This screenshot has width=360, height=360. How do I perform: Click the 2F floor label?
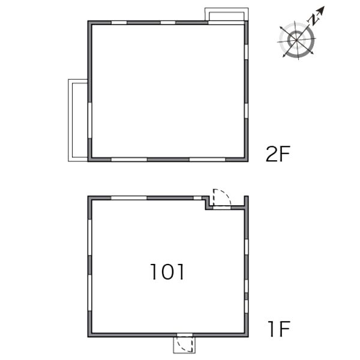[278, 154]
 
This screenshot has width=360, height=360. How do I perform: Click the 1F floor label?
[279, 329]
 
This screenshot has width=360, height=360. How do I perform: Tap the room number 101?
[167, 272]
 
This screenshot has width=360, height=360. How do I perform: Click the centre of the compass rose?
[296, 40]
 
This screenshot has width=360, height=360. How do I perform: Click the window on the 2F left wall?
[90, 121]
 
